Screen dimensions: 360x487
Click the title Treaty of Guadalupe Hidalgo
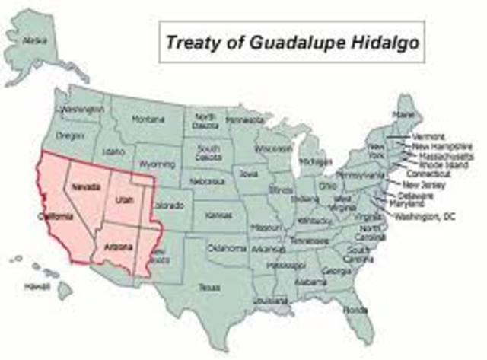[292, 42]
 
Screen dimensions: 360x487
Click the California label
[56, 217]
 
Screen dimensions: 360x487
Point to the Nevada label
[84, 186]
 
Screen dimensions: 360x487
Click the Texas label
[208, 288]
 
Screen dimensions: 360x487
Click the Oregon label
[70, 135]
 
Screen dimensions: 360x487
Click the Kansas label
[218, 215]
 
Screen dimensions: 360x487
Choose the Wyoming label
[157, 164]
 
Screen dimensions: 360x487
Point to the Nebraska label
[207, 182]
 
